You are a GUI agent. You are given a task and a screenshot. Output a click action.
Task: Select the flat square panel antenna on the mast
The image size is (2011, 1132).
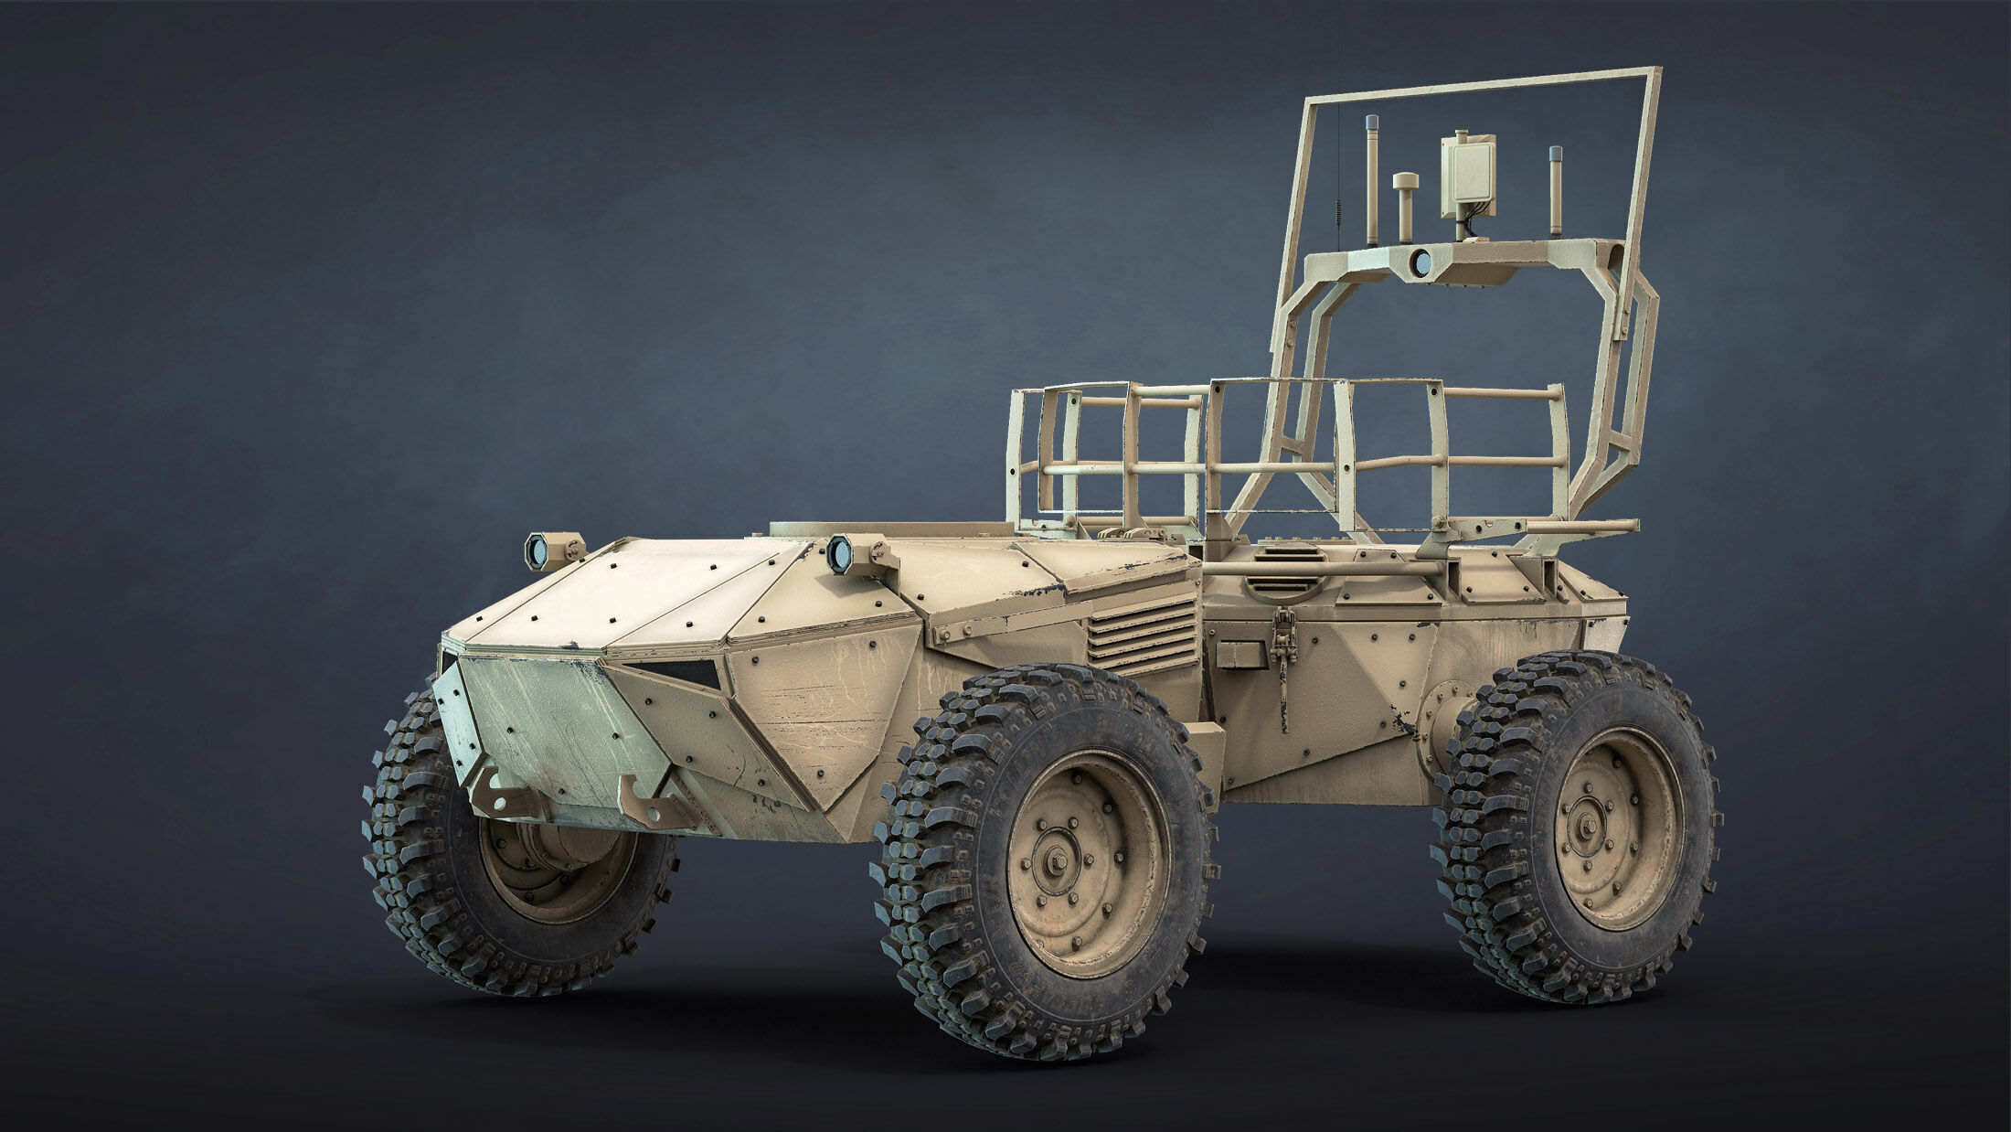point(1468,180)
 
